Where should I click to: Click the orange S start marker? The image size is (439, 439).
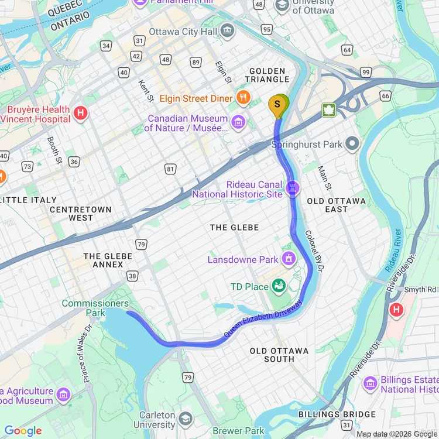pos(277,104)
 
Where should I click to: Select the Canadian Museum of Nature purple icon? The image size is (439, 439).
pos(238,122)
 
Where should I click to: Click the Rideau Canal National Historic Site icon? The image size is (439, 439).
pos(292,188)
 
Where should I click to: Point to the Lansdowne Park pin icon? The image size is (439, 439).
pos(288,258)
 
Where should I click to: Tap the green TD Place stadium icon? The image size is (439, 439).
pos(279,286)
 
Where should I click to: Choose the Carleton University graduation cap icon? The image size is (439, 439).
pos(185,419)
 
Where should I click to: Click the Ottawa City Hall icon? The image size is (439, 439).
pos(228,32)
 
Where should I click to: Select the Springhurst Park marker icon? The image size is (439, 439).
pos(352,143)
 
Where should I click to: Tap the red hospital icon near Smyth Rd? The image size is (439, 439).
pos(397,308)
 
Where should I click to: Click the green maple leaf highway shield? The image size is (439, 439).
pos(328,110)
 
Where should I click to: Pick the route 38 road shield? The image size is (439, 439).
pos(132,275)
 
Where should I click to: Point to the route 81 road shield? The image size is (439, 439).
pos(170,169)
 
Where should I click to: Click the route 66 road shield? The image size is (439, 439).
pos(385,95)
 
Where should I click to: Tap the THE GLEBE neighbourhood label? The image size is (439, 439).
pos(234,227)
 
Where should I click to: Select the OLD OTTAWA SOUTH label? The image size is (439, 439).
pos(279,355)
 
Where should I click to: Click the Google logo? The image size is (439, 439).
pos(23,431)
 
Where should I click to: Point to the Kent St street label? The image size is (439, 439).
pos(146,90)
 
